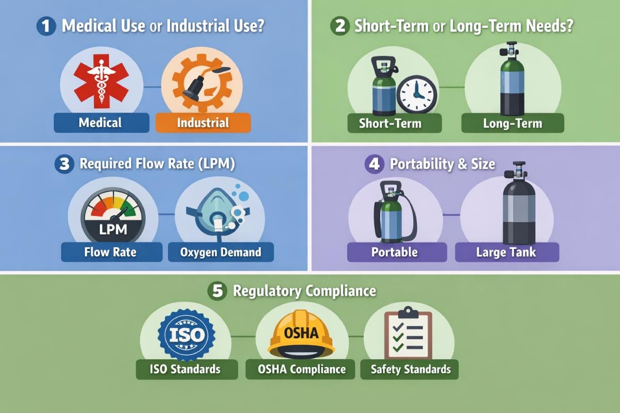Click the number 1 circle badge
tap(46, 26)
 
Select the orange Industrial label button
tap(203, 123)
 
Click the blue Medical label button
tap(100, 123)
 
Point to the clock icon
tap(416, 94)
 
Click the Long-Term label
tap(512, 123)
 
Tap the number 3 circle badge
tap(64, 164)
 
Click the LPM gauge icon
tap(113, 216)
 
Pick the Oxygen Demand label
tap(221, 252)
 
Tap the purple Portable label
tap(394, 252)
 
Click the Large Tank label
tap(507, 252)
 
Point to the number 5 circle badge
tap(217, 291)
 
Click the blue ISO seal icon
tap(186, 335)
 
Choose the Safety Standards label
tap(411, 370)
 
